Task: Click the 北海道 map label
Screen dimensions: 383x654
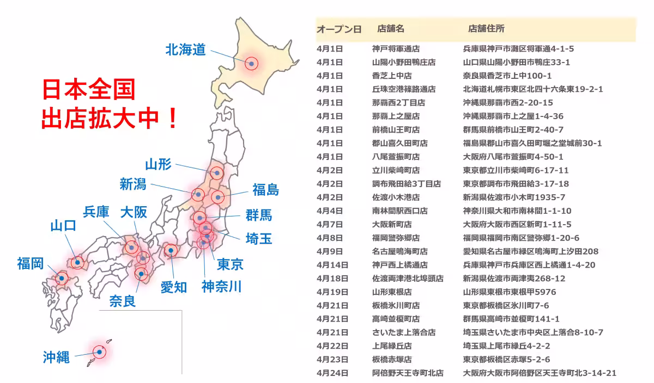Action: pyautogui.click(x=185, y=50)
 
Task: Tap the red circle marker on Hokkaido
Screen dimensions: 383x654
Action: pyautogui.click(x=251, y=63)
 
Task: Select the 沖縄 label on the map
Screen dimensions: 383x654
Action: pyautogui.click(x=57, y=357)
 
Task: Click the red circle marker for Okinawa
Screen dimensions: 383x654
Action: pyautogui.click(x=99, y=352)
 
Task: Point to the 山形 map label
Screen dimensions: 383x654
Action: pyautogui.click(x=159, y=164)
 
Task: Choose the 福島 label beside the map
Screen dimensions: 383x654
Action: pyautogui.click(x=265, y=190)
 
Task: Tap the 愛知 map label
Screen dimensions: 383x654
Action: pyautogui.click(x=174, y=287)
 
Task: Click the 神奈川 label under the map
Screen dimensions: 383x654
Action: pyautogui.click(x=221, y=286)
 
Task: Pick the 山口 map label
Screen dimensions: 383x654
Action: pyautogui.click(x=63, y=226)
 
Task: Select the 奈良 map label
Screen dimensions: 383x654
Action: pyautogui.click(x=123, y=301)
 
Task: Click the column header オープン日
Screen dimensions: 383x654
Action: pyautogui.click(x=338, y=29)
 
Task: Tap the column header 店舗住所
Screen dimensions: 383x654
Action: pyautogui.click(x=486, y=28)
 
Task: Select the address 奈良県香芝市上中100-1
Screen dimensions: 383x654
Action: pyautogui.click(x=507, y=76)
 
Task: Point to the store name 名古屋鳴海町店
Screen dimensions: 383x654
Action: pyautogui.click(x=399, y=251)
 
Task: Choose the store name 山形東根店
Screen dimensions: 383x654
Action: pyautogui.click(x=392, y=292)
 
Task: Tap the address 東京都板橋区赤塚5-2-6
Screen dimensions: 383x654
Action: pyautogui.click(x=506, y=359)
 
